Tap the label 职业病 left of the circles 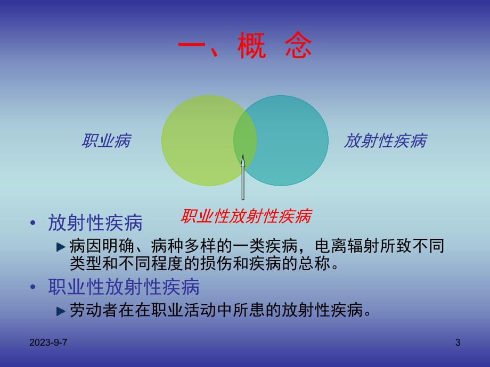coord(106,141)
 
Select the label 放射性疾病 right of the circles coord(385,141)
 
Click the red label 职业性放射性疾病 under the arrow coord(246,216)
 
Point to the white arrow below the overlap coord(243,178)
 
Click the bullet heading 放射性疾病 coord(95,223)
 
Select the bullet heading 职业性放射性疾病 coord(124,287)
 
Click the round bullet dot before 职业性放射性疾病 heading coord(34,288)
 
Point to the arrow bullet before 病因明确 coord(61,247)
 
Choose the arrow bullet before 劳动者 coord(61,311)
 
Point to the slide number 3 coord(458,343)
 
